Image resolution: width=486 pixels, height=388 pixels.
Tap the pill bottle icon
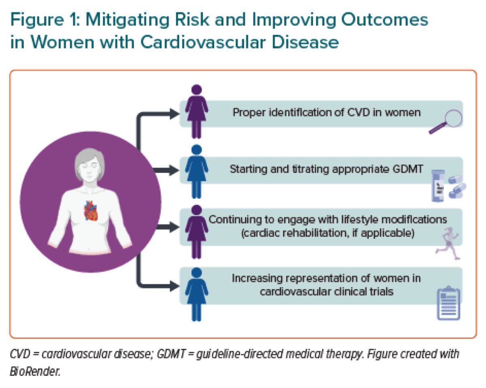[x=438, y=186]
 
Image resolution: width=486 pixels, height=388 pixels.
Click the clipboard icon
[x=448, y=303]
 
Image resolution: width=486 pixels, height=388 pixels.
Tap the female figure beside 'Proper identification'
[x=196, y=111]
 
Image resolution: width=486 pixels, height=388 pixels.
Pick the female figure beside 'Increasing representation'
[x=196, y=294]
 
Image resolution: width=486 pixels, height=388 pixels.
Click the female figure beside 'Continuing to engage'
[x=196, y=231]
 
